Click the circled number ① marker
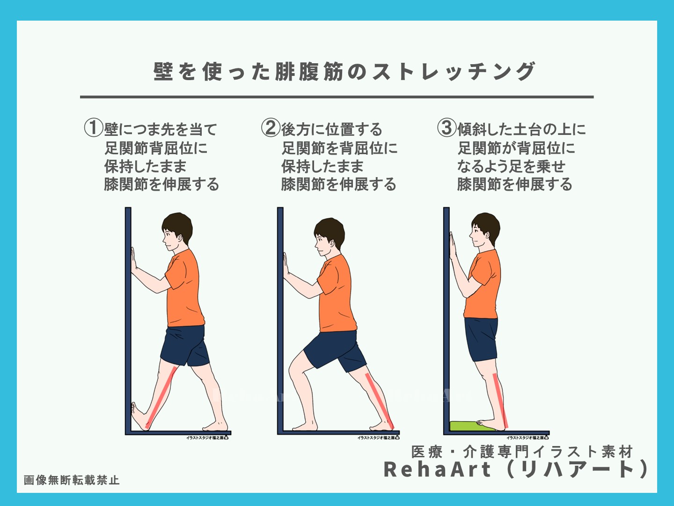[x=94, y=127]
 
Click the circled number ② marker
[x=271, y=127]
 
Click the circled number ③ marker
[x=447, y=127]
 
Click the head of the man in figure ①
[x=176, y=232]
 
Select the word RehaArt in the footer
[x=438, y=469]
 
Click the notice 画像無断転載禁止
[x=72, y=480]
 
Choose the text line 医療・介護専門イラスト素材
[x=522, y=452]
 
